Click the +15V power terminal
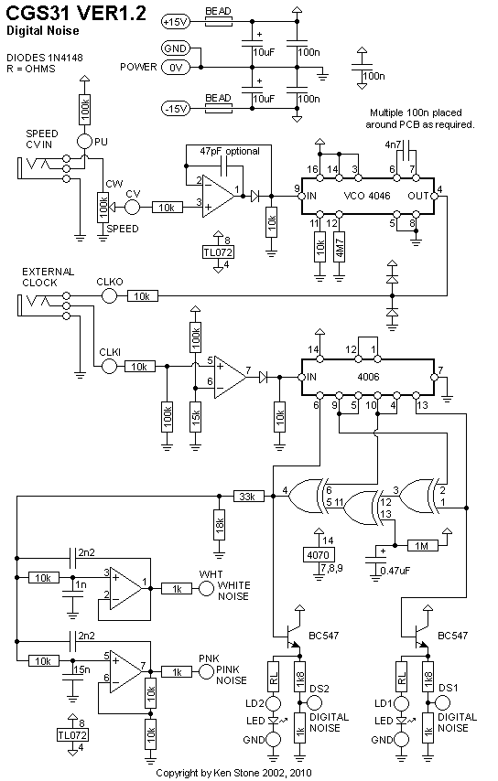[176, 21]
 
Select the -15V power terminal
[176, 108]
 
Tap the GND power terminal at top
[176, 48]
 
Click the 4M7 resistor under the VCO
[340, 247]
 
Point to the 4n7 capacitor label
[394, 144]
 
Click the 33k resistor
[248, 496]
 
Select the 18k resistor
[220, 525]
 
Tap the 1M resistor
[422, 545]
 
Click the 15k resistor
[196, 417]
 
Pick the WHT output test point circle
[206, 589]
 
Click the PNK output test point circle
[206, 672]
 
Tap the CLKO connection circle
[109, 296]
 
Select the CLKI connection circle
[109, 367]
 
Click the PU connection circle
[85, 142]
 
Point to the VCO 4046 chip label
[367, 196]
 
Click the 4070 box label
[319, 554]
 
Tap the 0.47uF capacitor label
[395, 571]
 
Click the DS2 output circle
[315, 702]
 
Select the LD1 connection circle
[401, 703]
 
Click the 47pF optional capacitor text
[230, 151]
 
